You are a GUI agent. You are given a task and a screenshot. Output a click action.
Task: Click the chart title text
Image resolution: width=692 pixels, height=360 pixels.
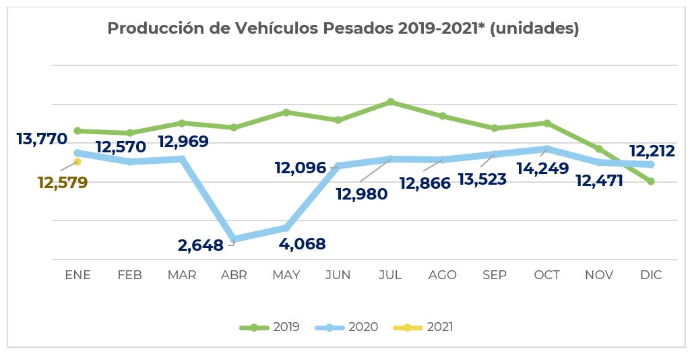343,29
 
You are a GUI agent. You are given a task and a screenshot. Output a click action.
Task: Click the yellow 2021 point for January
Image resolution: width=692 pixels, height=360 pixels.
77,162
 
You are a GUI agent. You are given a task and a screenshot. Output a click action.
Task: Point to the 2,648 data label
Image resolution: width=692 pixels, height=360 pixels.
200,245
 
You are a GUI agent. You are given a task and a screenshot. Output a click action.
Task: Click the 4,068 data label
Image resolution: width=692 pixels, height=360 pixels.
302,243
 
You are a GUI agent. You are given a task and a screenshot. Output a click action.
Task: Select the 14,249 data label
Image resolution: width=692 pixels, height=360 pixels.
542,168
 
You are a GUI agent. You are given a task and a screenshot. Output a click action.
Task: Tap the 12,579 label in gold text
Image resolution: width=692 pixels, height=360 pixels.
63,183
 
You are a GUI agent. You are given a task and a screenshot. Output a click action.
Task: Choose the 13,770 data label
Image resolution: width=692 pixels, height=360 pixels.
42,140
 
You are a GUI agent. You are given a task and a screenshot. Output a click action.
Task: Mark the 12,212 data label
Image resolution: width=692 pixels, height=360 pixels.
651,151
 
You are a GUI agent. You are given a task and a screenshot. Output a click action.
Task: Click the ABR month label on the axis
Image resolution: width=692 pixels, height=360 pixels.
234,275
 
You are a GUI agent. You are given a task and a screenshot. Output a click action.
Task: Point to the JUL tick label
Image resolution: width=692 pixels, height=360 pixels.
390,275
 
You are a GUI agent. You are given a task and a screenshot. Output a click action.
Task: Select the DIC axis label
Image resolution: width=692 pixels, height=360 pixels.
651,275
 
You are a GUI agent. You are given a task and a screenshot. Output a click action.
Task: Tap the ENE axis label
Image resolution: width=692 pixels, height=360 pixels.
77,275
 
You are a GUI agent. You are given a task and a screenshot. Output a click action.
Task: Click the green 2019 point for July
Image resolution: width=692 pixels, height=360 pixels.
391,102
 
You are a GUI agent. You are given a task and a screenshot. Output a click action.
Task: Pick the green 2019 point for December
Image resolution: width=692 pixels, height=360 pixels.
651,181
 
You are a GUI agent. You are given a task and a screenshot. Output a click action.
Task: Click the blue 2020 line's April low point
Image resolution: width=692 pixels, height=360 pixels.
234,239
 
